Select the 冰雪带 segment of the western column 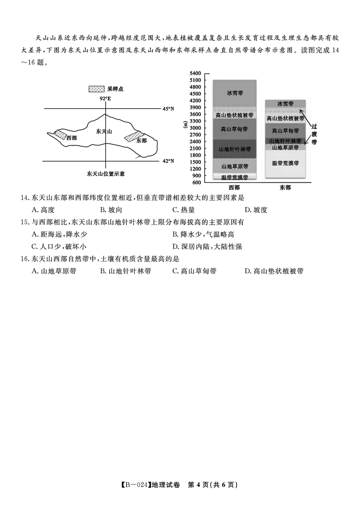(x=234, y=94)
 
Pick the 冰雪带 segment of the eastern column (x=285, y=104)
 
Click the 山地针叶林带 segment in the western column (x=234, y=149)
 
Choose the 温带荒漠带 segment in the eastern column (x=285, y=164)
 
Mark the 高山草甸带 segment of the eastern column (x=285, y=131)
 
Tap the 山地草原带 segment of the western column (x=234, y=166)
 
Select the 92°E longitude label (x=105, y=98)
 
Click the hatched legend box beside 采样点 (x=97, y=89)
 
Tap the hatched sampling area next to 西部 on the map (x=60, y=135)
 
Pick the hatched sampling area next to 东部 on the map (x=134, y=136)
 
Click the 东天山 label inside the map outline (x=104, y=131)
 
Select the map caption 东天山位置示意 (x=106, y=174)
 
